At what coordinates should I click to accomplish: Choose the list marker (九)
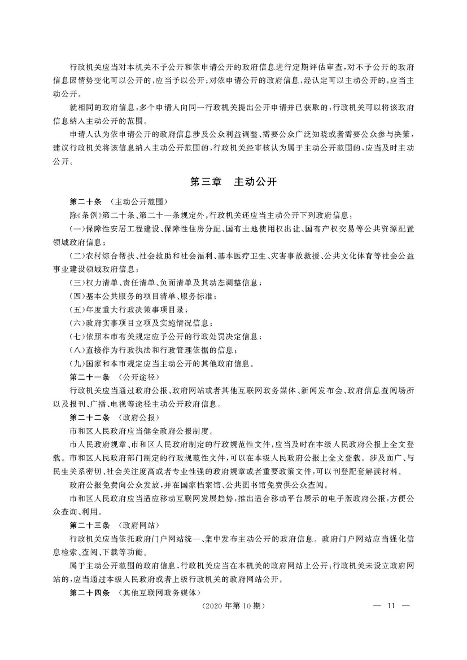pos(76,363)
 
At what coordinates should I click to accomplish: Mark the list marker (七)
pos(76,336)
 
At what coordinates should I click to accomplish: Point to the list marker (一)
pos(76,228)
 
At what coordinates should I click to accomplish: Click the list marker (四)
pos(76,296)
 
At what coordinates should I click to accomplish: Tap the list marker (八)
pos(76,350)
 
